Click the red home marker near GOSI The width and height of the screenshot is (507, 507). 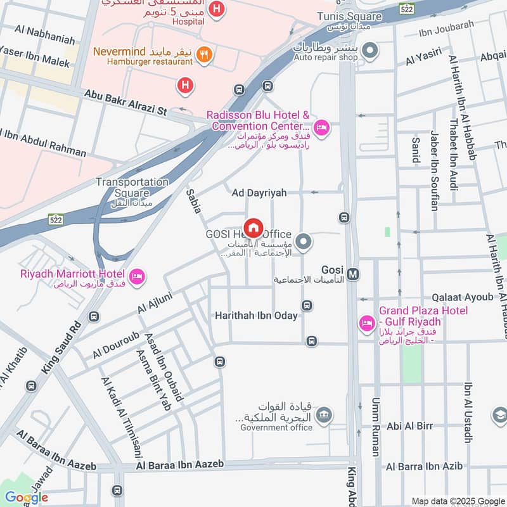(x=253, y=228)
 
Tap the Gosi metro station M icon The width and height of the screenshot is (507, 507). (x=353, y=274)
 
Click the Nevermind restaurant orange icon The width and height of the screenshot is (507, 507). (x=203, y=54)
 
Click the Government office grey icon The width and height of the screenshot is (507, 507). (x=324, y=415)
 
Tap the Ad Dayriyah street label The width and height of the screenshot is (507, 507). (x=259, y=192)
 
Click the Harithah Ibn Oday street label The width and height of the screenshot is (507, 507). (x=256, y=315)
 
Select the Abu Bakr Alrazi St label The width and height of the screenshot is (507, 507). (x=125, y=101)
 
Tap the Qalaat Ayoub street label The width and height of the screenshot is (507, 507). (x=462, y=297)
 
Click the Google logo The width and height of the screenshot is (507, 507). (x=26, y=497)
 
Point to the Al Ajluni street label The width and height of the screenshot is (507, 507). (x=155, y=301)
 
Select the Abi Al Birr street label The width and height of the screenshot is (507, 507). (x=409, y=426)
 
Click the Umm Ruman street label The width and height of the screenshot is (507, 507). (x=375, y=428)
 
